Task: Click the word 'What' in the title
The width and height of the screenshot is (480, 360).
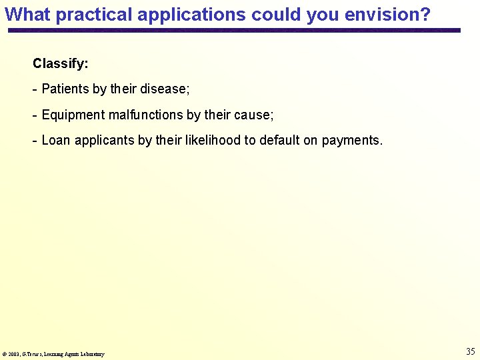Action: (27, 14)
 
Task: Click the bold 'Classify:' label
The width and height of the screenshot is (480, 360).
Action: (60, 65)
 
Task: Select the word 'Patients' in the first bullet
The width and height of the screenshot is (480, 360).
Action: (65, 89)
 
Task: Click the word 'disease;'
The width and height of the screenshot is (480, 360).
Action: (165, 89)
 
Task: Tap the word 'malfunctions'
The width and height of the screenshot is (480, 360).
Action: (145, 115)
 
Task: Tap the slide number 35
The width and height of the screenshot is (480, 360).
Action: (470, 351)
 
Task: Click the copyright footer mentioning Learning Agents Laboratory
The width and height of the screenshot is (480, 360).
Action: (53, 354)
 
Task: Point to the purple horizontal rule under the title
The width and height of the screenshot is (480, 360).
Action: (233, 31)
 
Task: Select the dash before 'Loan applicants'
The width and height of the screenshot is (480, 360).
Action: (35, 141)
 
